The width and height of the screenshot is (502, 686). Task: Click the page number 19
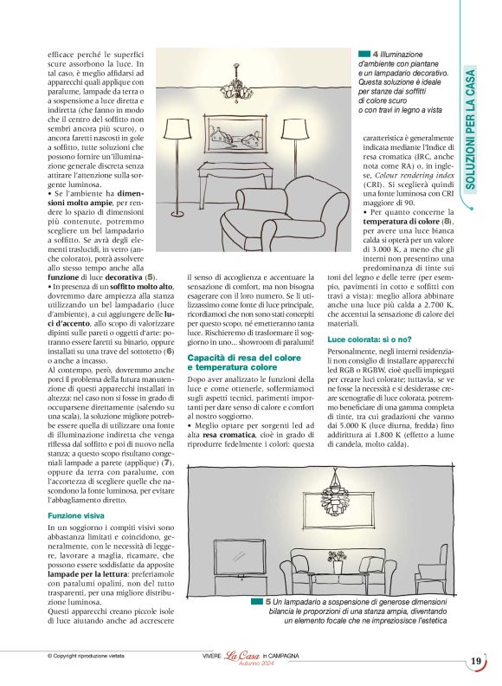point(476,661)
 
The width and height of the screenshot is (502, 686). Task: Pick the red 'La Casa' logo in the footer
point(243,657)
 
